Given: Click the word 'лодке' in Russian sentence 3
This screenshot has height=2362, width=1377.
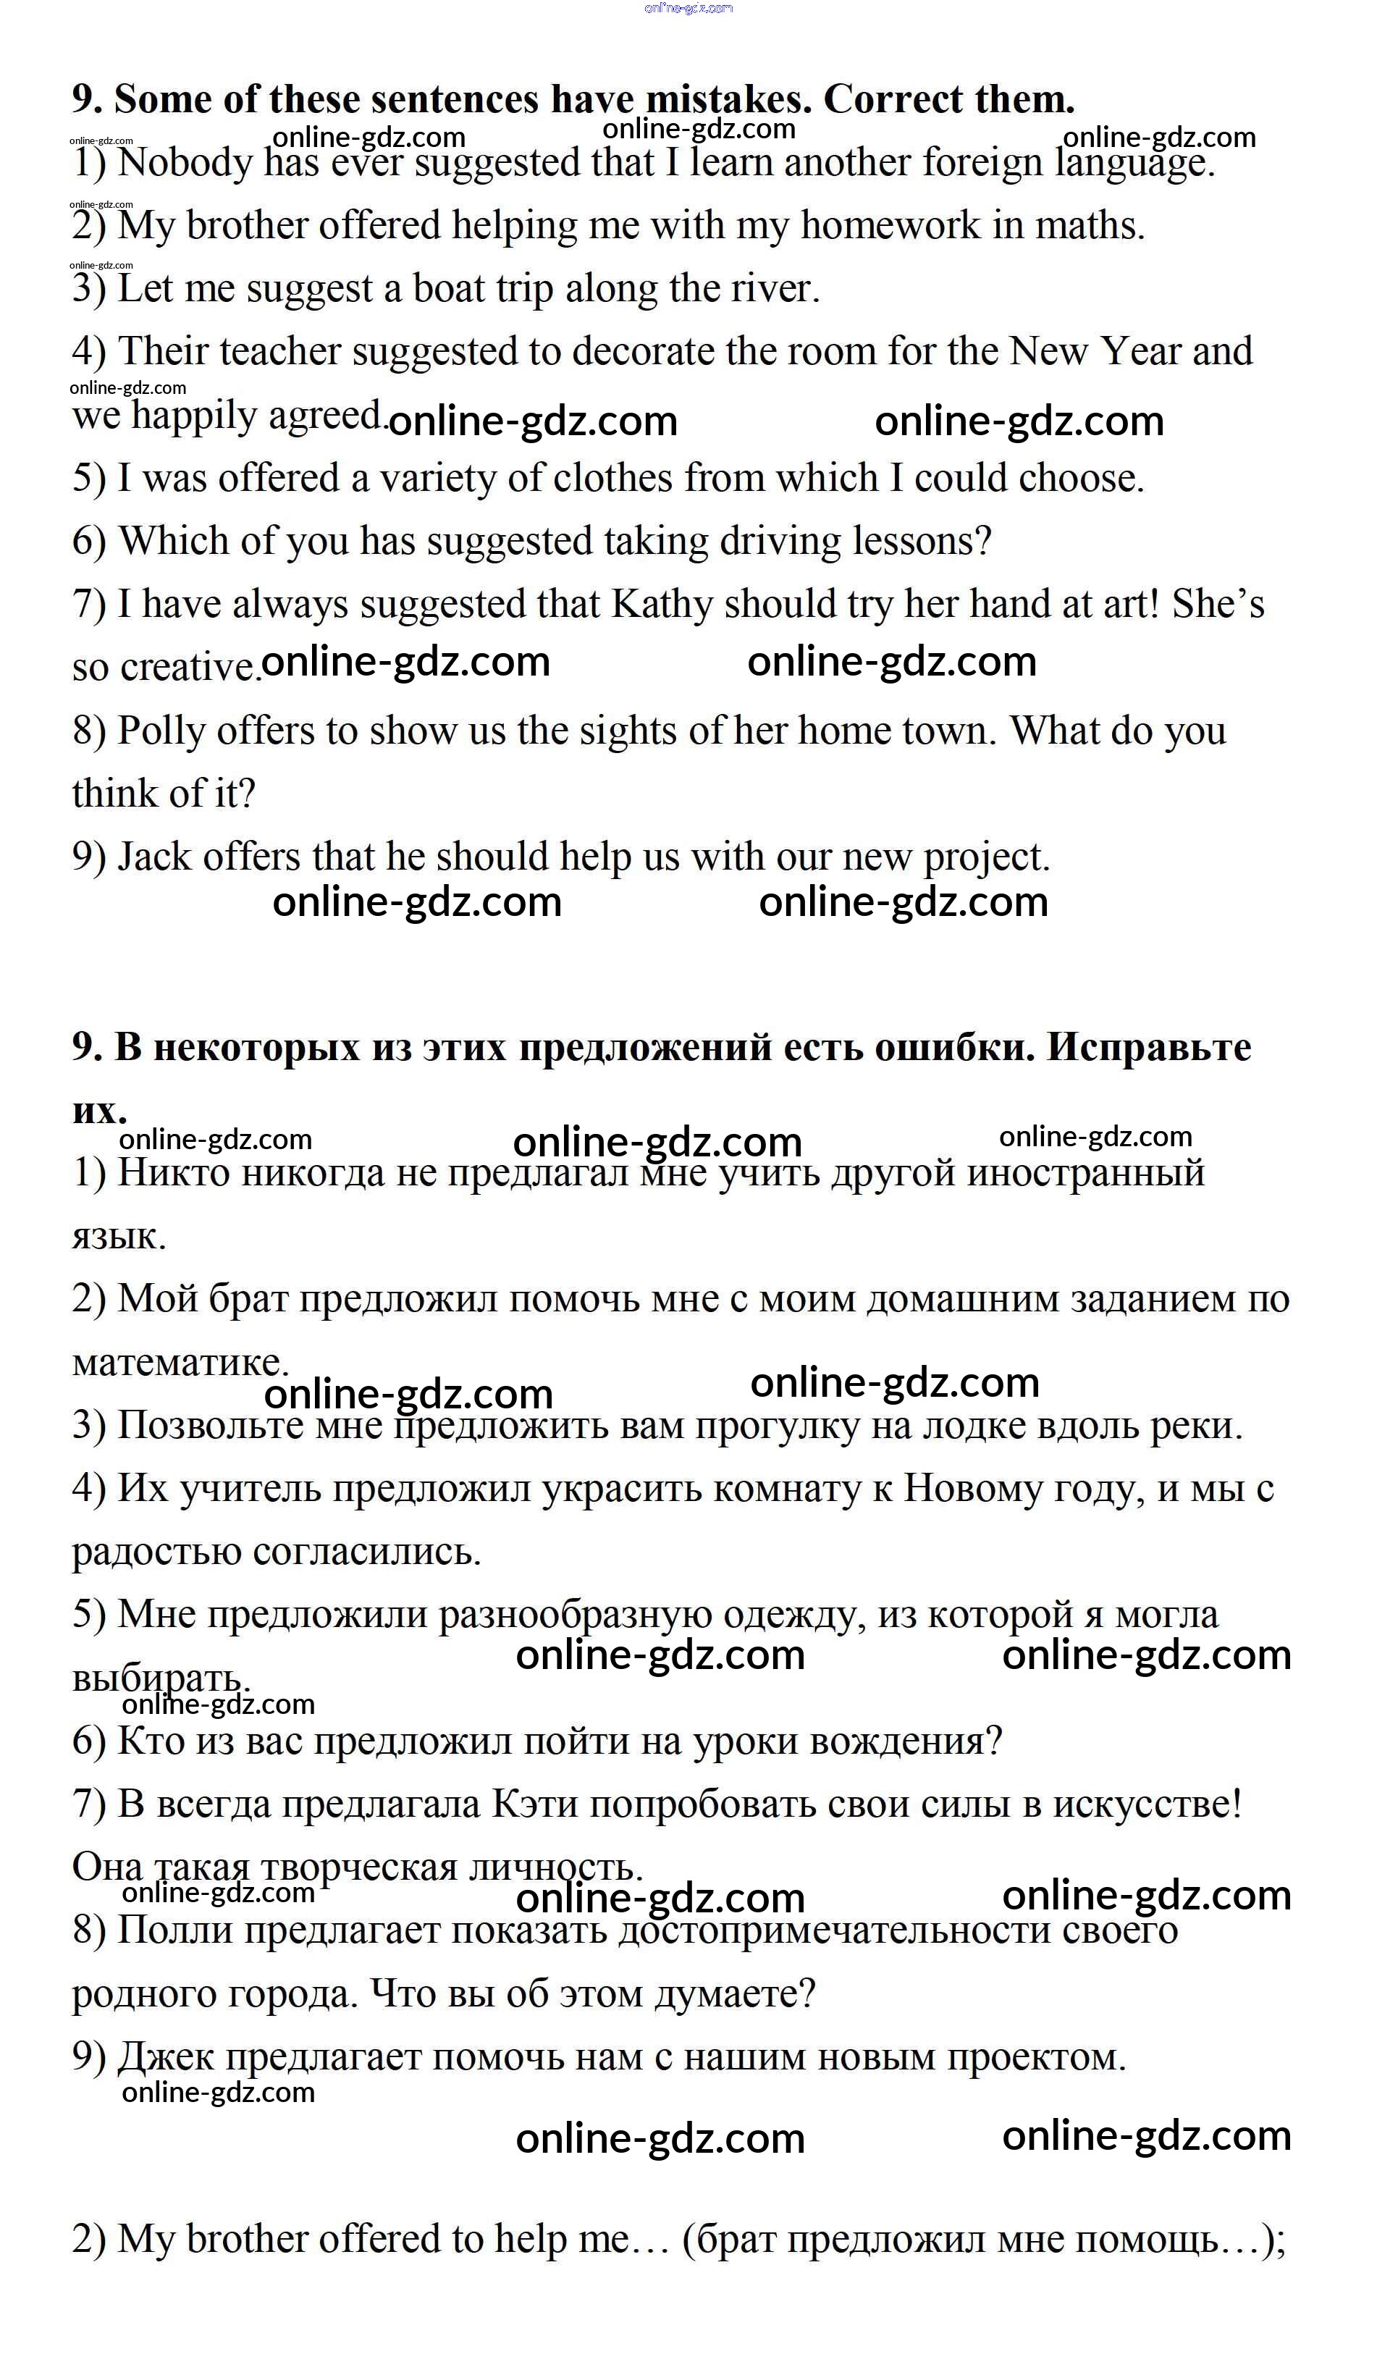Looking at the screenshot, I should click(945, 1426).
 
